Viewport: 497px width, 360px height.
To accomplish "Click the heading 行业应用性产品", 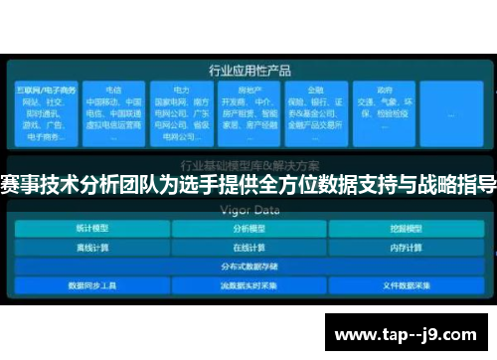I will [x=249, y=71].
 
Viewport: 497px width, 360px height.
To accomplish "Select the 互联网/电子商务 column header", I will [x=39, y=90].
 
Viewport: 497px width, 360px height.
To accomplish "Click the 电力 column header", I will [x=179, y=90].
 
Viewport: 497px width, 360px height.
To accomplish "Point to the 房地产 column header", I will [x=248, y=90].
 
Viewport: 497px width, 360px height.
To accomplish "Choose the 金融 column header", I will [x=315, y=90].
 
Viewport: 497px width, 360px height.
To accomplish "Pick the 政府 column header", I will [x=384, y=90].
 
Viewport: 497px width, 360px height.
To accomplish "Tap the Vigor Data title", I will [x=249, y=210].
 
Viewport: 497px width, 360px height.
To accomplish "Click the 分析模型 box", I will [x=248, y=228].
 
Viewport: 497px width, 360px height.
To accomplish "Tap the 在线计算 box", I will [x=248, y=247].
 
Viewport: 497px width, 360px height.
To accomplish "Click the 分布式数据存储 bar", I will [x=248, y=266].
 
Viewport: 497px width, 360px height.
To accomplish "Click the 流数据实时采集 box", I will [x=248, y=284].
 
